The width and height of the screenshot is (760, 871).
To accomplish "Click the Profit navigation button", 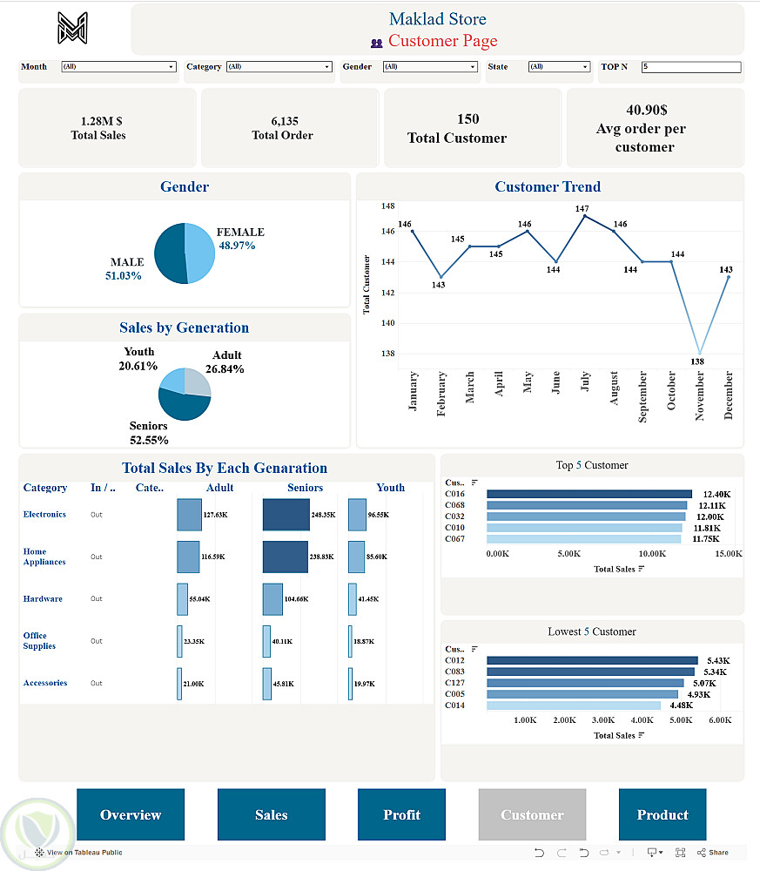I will click(x=401, y=814).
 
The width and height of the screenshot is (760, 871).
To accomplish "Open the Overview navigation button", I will click(x=131, y=814).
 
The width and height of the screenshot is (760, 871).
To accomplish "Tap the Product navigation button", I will click(x=662, y=814).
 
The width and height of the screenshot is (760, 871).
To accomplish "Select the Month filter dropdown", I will click(x=118, y=67).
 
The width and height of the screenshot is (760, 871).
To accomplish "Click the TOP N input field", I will click(x=691, y=67).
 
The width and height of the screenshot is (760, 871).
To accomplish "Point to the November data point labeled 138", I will click(x=698, y=353).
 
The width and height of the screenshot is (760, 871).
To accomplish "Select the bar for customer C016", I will click(x=588, y=494).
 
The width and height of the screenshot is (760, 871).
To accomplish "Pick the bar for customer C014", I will click(x=573, y=706).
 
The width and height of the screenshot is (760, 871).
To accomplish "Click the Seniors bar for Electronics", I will click(x=286, y=515).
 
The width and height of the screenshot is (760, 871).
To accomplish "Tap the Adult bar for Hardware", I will click(x=182, y=599).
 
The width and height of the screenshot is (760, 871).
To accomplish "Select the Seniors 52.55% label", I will click(x=148, y=433).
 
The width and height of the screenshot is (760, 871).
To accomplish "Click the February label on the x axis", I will click(x=441, y=394).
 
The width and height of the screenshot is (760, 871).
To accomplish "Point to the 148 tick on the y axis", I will click(x=387, y=206).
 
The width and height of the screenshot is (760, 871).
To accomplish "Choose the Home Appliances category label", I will click(x=44, y=557).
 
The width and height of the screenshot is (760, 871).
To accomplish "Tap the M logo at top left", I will click(x=73, y=28).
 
